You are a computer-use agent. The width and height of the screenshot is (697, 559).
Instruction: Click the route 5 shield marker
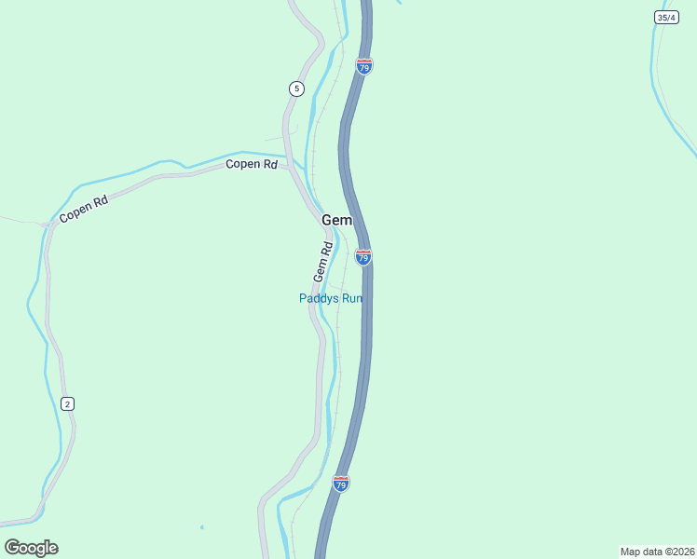pyautogui.click(x=296, y=89)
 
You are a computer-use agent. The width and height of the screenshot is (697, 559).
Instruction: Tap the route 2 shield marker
pyautogui.click(x=67, y=403)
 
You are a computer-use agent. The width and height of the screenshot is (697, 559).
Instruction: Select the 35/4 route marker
pyautogui.click(x=665, y=18)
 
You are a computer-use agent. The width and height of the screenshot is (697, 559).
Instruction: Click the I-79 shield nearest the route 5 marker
pyautogui.click(x=364, y=67)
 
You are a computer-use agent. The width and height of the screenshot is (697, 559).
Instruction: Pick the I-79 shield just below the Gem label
pyautogui.click(x=363, y=256)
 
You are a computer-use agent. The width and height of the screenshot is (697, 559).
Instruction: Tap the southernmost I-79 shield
pyautogui.click(x=341, y=484)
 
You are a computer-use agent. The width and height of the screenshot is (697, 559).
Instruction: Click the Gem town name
pyautogui.click(x=337, y=220)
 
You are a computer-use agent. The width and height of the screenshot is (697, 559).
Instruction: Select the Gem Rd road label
pyautogui.click(x=323, y=263)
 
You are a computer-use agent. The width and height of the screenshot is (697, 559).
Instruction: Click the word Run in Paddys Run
pyautogui.click(x=350, y=298)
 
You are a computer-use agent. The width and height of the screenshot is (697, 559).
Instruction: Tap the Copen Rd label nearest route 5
pyautogui.click(x=252, y=165)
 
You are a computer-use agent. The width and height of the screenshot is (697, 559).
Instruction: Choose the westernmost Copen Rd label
pyautogui.click(x=84, y=209)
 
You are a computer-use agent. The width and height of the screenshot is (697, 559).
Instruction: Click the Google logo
pyautogui.click(x=31, y=548)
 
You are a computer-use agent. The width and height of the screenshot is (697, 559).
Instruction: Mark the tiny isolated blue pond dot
pyautogui.click(x=201, y=527)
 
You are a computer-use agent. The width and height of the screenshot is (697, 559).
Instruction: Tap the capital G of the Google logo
pyautogui.click(x=12, y=548)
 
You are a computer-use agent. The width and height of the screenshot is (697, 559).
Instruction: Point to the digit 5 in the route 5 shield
pyautogui.click(x=296, y=89)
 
